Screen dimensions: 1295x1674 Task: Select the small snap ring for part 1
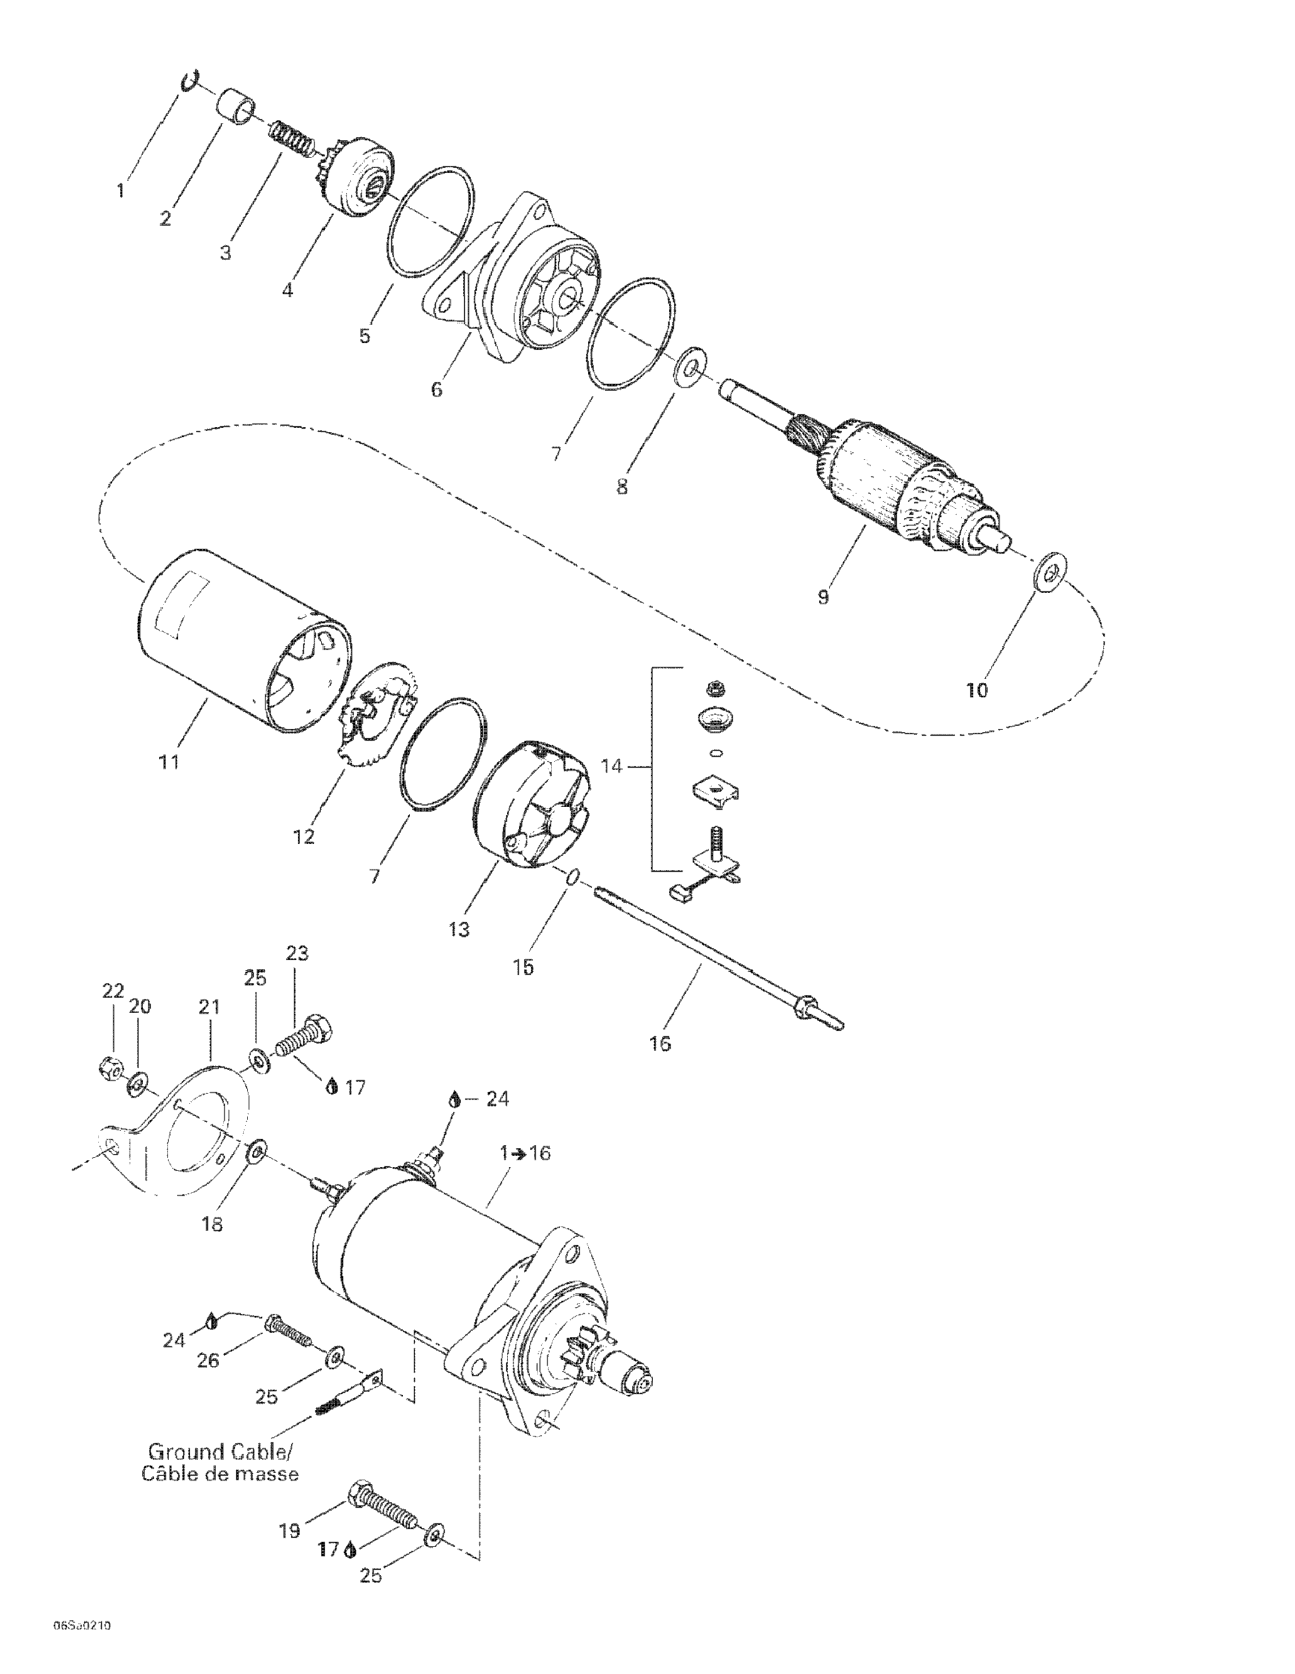click(190, 81)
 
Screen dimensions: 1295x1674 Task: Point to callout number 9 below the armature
click(823, 596)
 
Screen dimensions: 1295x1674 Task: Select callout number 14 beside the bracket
click(611, 766)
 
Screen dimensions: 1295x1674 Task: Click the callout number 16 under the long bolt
click(659, 1043)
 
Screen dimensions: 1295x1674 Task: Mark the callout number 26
click(208, 1361)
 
